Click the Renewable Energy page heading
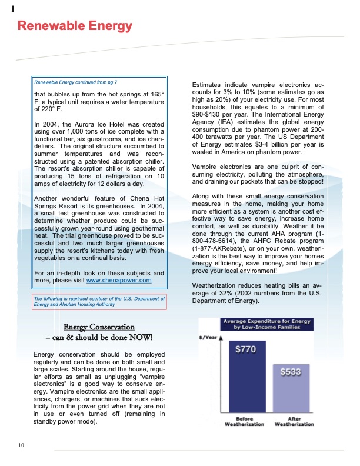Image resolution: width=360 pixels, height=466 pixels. tap(75, 26)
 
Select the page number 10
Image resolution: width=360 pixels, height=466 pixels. tap(21, 445)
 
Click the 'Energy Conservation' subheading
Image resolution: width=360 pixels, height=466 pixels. tap(99, 327)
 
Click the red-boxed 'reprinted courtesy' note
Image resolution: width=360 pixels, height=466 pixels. tap(100, 301)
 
